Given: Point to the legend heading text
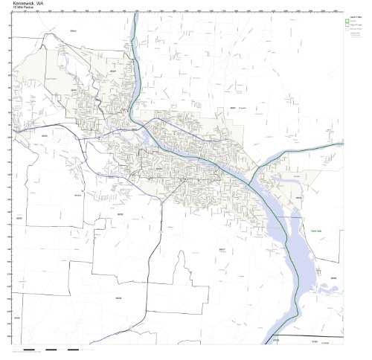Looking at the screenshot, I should point(353,15).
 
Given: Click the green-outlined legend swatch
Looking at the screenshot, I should point(347,21).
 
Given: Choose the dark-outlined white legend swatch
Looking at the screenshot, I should point(347,27).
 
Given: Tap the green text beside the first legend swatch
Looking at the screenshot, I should point(355,21).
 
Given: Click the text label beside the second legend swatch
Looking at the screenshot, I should point(356,27).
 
